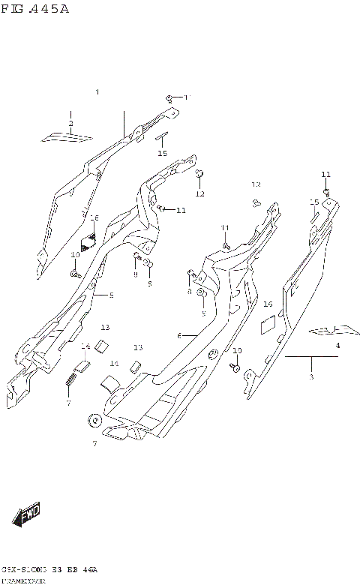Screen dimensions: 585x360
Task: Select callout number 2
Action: pos(70,123)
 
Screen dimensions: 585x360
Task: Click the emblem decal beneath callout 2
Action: pos(68,136)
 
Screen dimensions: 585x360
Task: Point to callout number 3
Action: pos(311,376)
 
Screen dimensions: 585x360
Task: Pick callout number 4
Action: pos(337,345)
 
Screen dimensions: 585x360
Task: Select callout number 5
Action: pos(111,295)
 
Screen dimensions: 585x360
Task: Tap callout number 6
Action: pos(179,335)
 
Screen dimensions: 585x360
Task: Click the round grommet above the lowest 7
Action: pos(95,421)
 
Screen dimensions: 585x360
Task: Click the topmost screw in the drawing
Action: pos(170,97)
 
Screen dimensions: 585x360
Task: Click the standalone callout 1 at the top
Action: pos(97,92)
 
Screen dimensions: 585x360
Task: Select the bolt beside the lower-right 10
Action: pos(235,367)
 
